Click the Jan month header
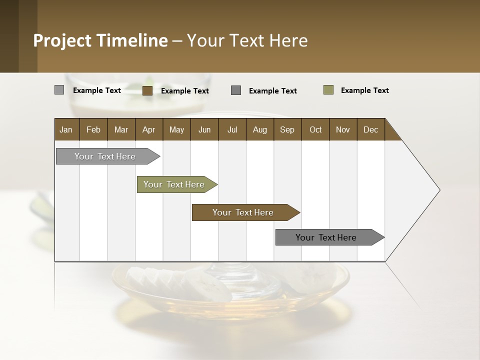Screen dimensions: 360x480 tap(66, 129)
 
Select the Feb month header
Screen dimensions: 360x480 tap(93, 129)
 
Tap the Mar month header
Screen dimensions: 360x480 tap(121, 129)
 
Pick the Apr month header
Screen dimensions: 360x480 tap(149, 129)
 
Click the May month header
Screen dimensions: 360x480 tap(176, 129)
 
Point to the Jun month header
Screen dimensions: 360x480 tap(204, 129)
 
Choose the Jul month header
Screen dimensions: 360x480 tap(232, 129)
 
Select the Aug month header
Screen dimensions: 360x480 tap(260, 129)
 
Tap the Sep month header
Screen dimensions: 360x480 tap(287, 129)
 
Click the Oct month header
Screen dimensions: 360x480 tap(315, 129)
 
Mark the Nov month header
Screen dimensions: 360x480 tap(343, 129)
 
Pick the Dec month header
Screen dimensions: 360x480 tap(371, 129)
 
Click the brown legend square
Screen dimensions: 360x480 tap(147, 90)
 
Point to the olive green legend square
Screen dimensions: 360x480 tap(328, 90)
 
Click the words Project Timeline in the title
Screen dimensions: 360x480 tap(100, 40)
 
